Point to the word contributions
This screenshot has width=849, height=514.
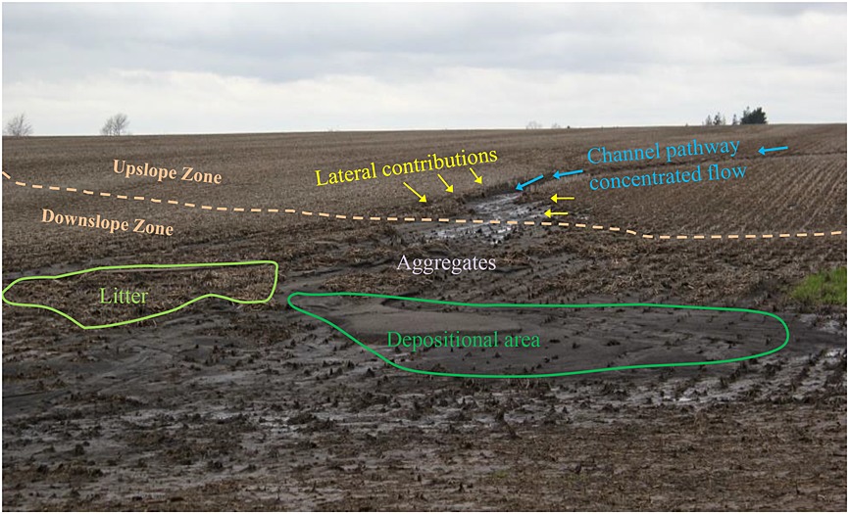(441, 159)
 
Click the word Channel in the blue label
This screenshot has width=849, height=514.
(618, 155)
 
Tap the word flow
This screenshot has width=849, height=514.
(726, 173)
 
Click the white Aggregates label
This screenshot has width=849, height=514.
(447, 263)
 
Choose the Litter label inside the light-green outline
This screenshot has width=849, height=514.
(123, 294)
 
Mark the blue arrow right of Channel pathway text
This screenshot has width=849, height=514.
(773, 150)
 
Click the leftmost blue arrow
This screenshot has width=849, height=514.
(529, 182)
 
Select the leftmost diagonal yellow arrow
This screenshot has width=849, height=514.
(416, 194)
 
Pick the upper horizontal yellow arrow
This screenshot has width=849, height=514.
(561, 199)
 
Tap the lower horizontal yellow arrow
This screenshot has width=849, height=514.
(556, 212)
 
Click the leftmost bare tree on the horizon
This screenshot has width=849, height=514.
(18, 125)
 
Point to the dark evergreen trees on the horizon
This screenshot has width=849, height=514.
(752, 117)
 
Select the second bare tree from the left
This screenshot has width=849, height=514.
(115, 124)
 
